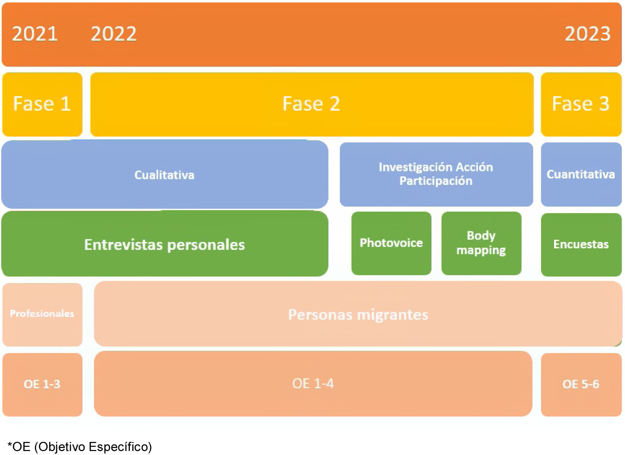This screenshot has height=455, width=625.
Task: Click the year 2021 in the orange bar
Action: pos(35,33)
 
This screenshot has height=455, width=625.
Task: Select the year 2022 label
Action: pos(114,33)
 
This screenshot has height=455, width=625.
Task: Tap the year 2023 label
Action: pos(587,33)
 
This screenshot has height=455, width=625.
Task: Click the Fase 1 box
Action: pos(42,104)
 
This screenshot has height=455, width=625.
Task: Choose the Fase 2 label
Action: pos(311,104)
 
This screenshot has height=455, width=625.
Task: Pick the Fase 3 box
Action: pos(581,104)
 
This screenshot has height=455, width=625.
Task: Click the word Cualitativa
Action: pos(164,175)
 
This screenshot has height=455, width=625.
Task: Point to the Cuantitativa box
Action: pos(581,174)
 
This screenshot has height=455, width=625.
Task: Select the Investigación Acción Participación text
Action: pos(436,174)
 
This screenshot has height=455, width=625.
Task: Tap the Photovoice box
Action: pos(391,243)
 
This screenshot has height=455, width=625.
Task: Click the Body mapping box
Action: pos(481,243)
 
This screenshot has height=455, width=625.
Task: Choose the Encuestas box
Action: pos(581,244)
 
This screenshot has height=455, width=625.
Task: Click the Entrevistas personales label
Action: pos(164,245)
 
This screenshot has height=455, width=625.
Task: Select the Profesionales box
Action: pos(42,314)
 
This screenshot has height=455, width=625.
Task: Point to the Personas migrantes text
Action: pos(358,314)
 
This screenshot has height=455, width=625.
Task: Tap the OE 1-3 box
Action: pos(42,384)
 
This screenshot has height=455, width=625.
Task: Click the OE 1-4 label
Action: pos(313,384)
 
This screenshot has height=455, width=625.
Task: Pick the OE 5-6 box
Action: pos(581,384)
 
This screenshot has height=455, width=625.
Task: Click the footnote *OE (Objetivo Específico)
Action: pos(80,447)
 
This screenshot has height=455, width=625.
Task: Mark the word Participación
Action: pos(436,181)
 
